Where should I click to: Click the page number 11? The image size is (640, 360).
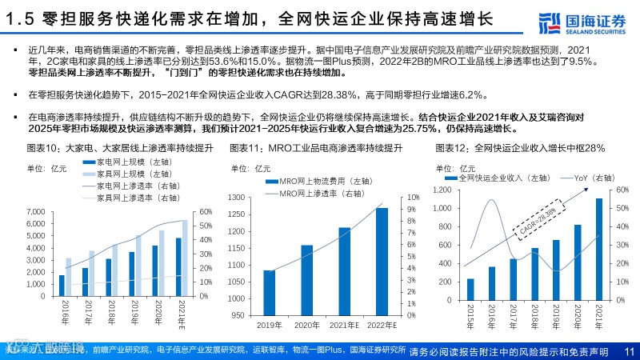point(628,352)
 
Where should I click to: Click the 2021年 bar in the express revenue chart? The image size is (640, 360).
point(598,246)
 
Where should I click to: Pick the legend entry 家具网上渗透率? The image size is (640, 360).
point(123,197)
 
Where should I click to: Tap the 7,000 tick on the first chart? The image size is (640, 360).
point(35,211)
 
